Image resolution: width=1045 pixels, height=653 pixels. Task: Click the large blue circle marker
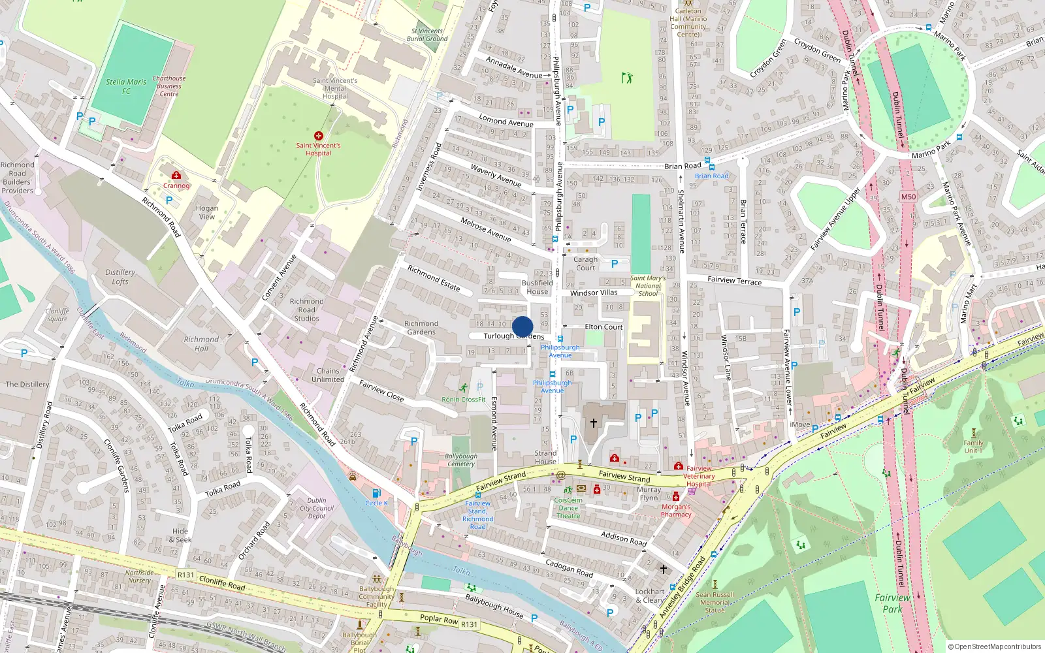click(x=522, y=326)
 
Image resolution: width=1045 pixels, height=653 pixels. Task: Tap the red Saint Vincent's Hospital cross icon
click(x=319, y=136)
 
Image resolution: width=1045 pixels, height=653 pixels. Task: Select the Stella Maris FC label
click(x=126, y=86)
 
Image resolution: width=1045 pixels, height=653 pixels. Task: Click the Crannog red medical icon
click(x=176, y=175)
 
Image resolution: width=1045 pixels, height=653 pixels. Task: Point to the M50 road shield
click(x=908, y=197)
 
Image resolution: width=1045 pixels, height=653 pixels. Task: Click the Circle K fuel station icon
click(x=376, y=494)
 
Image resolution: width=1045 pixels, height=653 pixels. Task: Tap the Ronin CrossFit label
click(x=464, y=399)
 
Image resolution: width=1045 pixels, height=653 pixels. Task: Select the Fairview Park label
click(x=892, y=603)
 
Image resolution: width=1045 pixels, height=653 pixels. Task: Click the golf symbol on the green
click(x=628, y=78)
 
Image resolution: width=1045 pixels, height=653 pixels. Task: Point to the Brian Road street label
click(x=683, y=166)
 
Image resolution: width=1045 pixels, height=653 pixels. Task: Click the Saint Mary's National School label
click(x=648, y=285)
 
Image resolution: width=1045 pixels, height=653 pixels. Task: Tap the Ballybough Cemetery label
click(x=461, y=460)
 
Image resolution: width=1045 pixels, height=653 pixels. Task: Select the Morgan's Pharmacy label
click(x=676, y=510)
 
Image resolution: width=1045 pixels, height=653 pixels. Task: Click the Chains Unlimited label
click(x=328, y=375)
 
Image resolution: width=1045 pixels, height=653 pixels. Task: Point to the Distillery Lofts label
click(x=120, y=277)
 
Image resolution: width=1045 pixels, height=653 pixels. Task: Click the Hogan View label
click(x=207, y=212)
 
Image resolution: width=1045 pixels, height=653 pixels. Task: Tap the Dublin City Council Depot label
click(x=317, y=508)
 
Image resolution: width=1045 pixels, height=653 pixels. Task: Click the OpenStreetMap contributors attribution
click(x=995, y=646)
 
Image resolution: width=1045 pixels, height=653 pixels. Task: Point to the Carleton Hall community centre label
click(x=688, y=22)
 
